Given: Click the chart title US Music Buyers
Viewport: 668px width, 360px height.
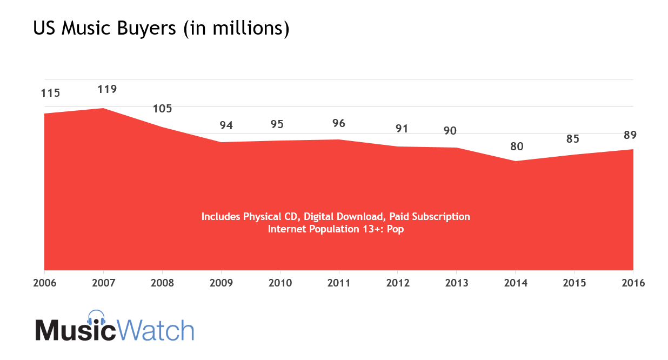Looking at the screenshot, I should pyautogui.click(x=161, y=29).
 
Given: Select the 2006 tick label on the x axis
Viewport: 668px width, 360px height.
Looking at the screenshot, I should pyautogui.click(x=44, y=283).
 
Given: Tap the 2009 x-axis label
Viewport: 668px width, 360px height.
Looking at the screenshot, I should pyautogui.click(x=221, y=283).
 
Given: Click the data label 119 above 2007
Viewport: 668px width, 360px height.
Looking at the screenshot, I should pyautogui.click(x=107, y=89).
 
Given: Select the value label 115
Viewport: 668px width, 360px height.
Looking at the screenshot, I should pyautogui.click(x=50, y=93).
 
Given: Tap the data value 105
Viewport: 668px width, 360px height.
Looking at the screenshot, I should pyautogui.click(x=162, y=109).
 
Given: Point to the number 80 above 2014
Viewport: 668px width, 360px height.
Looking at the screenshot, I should pyautogui.click(x=517, y=146).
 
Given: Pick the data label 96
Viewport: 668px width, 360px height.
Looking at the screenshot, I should pyautogui.click(x=339, y=123).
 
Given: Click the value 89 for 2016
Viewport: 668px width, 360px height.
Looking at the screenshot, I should pyautogui.click(x=631, y=135).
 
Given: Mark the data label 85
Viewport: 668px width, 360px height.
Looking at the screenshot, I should pyautogui.click(x=573, y=139).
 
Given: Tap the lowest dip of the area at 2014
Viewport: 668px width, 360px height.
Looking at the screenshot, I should pyautogui.click(x=516, y=161).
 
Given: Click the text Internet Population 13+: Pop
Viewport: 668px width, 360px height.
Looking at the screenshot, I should pyautogui.click(x=336, y=229).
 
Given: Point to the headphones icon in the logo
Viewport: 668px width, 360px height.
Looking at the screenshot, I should pyautogui.click(x=96, y=318).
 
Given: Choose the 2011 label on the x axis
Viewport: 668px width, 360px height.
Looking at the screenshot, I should pyautogui.click(x=339, y=283).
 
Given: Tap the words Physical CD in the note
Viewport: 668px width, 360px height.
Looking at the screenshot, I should pyautogui.click(x=270, y=216).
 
